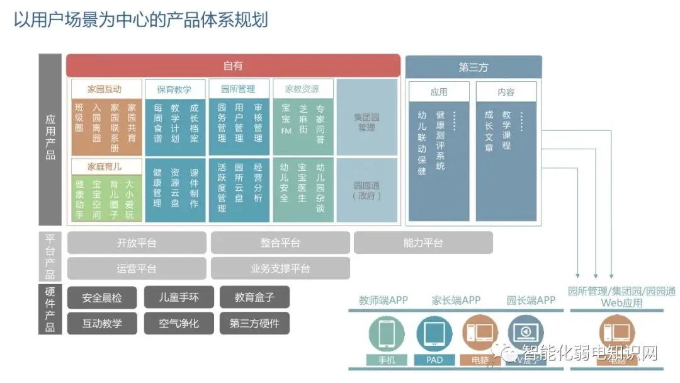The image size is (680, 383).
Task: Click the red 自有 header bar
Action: coord(233,66)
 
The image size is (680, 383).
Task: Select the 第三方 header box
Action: coord(473,67)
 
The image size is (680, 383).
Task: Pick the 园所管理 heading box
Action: coord(238,89)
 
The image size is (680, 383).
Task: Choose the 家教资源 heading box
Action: coord(302,89)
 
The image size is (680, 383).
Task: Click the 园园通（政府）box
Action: coord(367,190)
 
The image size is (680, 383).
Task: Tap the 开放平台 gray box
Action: coord(137,243)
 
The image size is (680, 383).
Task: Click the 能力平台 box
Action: coord(423,243)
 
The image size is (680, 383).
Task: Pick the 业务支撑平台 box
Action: coord(280,268)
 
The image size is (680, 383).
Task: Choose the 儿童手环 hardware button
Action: coord(179,297)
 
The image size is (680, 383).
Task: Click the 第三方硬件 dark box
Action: coord(254,324)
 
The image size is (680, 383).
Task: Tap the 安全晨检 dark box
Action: coord(102,297)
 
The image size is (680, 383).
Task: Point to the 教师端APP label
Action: coord(383,300)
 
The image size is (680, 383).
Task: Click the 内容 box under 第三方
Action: coord(506,92)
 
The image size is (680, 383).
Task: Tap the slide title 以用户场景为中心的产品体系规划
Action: coord(141,20)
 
